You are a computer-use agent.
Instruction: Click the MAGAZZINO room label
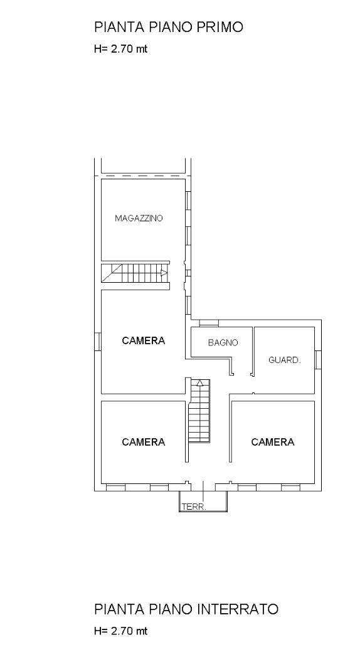click(139, 218)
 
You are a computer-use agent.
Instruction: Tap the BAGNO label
click(223, 342)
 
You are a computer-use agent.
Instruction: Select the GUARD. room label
click(285, 360)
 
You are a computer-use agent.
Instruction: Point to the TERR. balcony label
click(194, 507)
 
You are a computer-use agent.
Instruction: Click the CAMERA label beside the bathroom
click(144, 340)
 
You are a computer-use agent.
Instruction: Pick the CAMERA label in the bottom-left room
click(144, 442)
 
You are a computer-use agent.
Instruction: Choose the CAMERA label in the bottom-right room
click(273, 442)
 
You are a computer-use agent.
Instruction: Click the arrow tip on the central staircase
click(200, 381)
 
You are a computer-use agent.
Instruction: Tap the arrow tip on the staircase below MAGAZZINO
click(167, 272)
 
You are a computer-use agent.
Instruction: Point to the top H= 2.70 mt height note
click(120, 49)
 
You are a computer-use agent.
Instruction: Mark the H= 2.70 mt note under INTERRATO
click(120, 631)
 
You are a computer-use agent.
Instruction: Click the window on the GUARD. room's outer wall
click(318, 360)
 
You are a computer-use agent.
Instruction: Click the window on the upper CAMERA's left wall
click(97, 342)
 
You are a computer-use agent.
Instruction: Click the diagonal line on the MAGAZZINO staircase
click(112, 273)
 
